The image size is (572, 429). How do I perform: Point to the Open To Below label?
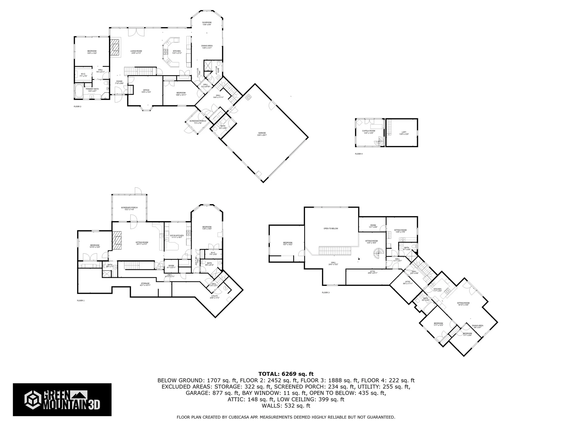pyautogui.click(x=331, y=229)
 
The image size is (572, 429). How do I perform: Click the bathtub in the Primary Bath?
pyautogui.click(x=79, y=91)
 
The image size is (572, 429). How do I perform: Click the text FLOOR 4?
pyautogui.click(x=359, y=154)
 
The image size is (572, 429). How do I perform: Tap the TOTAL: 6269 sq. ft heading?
pyautogui.click(x=286, y=374)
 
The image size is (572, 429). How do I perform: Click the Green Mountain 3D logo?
pyautogui.click(x=62, y=400)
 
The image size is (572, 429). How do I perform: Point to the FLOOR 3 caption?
pyautogui.click(x=326, y=293)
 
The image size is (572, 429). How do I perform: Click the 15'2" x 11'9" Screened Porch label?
pyautogui.click(x=129, y=209)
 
